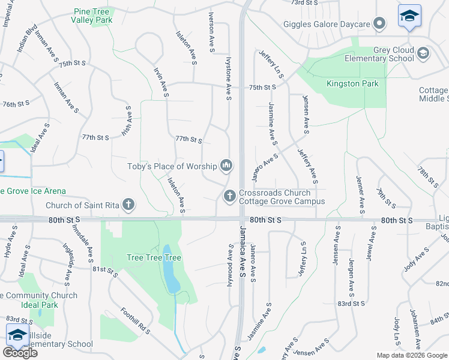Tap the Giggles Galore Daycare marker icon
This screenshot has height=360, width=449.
point(379,24)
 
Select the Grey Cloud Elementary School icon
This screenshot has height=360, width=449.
point(424,53)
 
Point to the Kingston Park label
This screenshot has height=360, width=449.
point(352,83)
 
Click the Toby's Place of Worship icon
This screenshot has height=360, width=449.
point(226,165)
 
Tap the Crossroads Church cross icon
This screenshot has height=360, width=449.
point(229,196)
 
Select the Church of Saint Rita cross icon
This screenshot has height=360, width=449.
point(128,205)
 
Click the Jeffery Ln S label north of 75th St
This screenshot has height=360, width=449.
point(270,62)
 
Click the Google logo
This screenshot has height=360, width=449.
point(20,352)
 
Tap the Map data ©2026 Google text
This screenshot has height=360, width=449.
point(412,355)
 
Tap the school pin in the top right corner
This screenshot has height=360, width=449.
point(409,17)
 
